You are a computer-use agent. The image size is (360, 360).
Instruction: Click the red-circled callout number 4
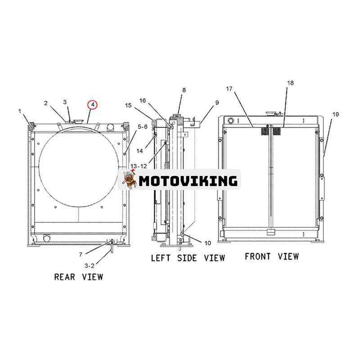click(93, 105)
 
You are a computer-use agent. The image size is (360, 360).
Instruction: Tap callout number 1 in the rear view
click(20, 111)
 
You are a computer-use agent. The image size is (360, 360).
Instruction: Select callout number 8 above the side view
click(184, 90)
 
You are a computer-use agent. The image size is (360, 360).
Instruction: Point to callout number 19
click(336, 114)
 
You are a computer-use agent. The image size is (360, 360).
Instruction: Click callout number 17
click(229, 89)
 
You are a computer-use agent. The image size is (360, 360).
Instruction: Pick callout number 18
click(290, 83)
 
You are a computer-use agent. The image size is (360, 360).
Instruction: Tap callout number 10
click(207, 243)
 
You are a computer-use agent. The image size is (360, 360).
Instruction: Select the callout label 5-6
click(142, 127)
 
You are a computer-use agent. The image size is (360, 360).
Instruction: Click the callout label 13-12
click(139, 166)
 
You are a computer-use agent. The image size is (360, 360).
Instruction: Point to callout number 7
click(81, 254)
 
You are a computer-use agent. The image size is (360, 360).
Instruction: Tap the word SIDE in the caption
click(187, 258)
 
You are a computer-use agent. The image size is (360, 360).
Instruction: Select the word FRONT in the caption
click(257, 256)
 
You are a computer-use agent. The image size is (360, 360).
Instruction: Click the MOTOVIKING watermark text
click(188, 181)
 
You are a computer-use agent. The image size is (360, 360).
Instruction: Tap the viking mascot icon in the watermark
click(129, 179)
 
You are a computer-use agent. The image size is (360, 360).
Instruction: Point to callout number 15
click(128, 105)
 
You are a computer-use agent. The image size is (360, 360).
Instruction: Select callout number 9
click(217, 103)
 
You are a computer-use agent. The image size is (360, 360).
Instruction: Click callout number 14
click(139, 151)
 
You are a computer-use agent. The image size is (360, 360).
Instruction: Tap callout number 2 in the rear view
click(46, 103)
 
